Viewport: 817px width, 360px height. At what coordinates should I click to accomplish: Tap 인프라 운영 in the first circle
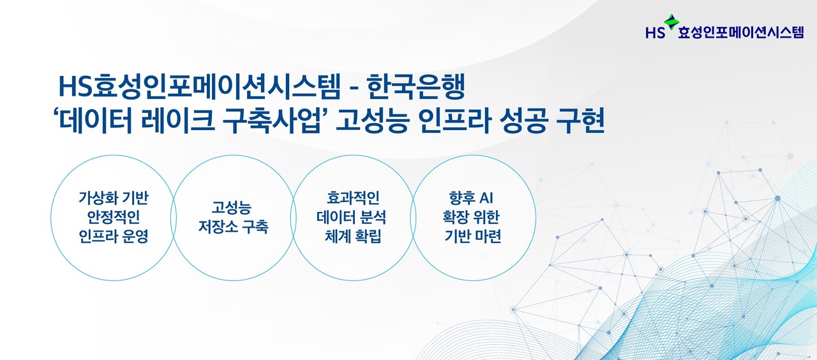click(113, 236)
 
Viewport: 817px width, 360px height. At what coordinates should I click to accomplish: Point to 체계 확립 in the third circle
click(352, 236)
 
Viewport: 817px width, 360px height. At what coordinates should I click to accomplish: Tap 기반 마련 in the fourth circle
click(472, 236)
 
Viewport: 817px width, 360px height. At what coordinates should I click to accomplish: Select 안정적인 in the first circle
click(113, 216)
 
